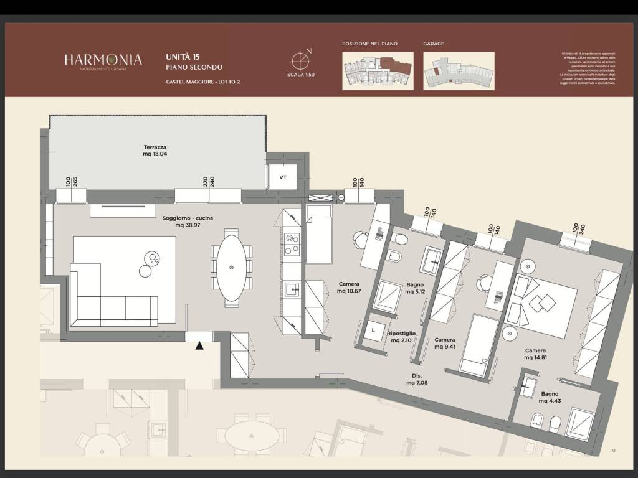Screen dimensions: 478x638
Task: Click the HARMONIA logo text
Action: point(103,60)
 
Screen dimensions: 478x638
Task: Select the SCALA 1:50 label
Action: point(301,75)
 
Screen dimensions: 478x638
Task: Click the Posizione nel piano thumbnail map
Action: point(378,70)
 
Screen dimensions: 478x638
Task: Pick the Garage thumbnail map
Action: point(459,70)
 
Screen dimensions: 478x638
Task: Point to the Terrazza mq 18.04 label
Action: point(155,151)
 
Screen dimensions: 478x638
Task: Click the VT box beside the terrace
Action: point(283,177)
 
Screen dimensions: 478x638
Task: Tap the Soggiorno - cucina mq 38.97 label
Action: point(184,222)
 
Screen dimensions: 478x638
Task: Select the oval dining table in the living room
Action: point(231,268)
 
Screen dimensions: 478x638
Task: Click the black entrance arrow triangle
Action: point(199,345)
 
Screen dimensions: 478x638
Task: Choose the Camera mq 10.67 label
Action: point(349,288)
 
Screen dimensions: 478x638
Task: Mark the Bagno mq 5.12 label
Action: point(415,288)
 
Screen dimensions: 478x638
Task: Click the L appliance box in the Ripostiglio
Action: point(374,330)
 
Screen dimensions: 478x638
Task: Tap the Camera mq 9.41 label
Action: point(445,343)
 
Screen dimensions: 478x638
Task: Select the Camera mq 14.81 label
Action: point(535,354)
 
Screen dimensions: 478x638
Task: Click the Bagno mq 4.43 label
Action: point(550,397)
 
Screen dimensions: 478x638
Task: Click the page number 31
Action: point(613,451)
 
